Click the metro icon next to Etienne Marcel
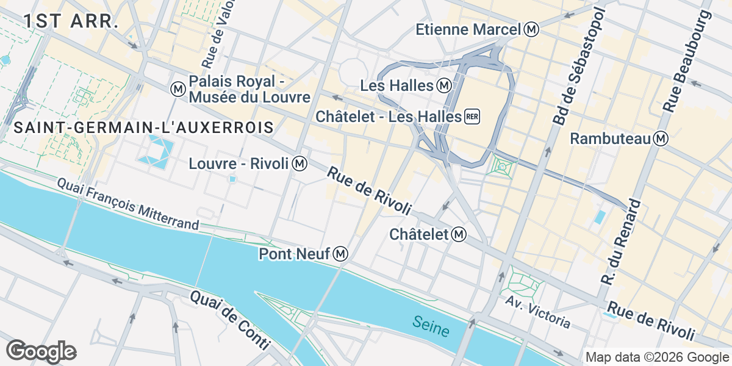coord(533,29)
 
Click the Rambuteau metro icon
coord(660,139)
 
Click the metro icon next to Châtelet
coord(460,234)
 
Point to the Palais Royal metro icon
coord(178,89)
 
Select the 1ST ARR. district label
coord(71,21)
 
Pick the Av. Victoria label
coord(537,312)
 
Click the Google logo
coord(41,351)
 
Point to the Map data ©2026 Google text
coord(658,357)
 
